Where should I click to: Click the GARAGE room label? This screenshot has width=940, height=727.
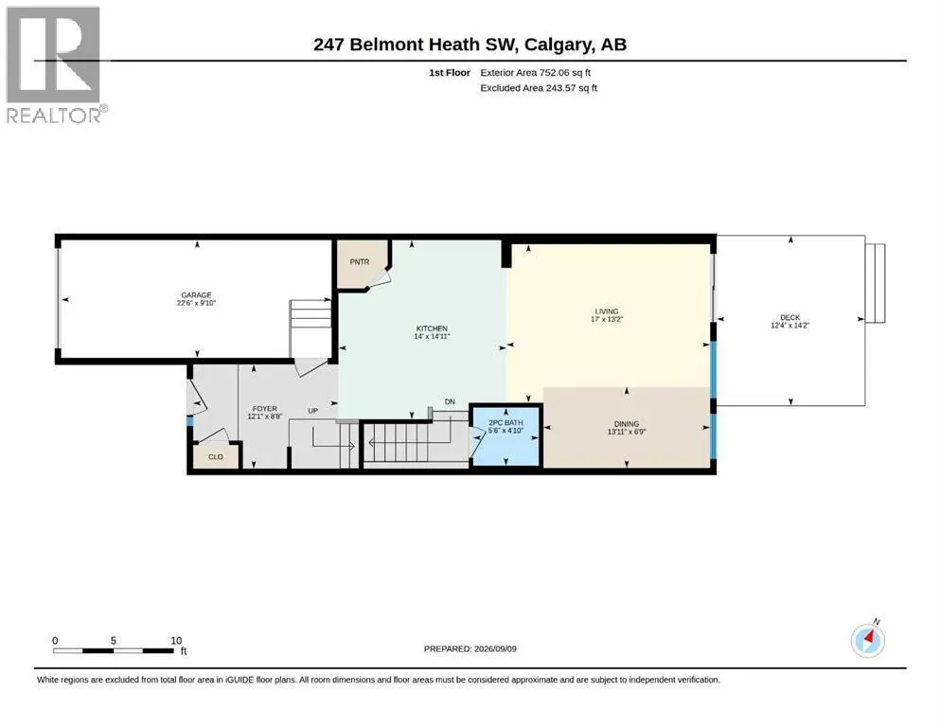click(196, 295)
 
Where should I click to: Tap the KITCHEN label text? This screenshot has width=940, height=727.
click(432, 328)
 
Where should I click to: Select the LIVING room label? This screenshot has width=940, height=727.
click(607, 311)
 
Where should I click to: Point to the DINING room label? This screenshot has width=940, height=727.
click(627, 423)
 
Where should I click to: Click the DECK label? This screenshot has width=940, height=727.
click(790, 317)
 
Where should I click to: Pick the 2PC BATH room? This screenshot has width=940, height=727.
click(505, 435)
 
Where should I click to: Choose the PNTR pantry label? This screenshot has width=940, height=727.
click(360, 262)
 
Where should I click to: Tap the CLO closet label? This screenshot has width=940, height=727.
click(216, 456)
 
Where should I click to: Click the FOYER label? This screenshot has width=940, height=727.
click(264, 409)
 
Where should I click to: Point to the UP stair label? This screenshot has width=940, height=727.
click(313, 411)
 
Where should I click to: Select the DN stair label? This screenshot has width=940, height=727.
click(450, 401)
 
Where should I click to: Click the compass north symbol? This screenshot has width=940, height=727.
click(868, 640)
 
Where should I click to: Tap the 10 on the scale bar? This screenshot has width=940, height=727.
click(176, 640)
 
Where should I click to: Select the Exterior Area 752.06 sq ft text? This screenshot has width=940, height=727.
click(536, 73)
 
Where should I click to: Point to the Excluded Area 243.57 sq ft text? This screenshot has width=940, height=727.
click(539, 87)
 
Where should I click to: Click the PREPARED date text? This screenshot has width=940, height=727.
click(470, 648)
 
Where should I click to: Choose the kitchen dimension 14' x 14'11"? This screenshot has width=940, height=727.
click(432, 336)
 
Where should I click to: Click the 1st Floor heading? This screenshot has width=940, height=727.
click(450, 73)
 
